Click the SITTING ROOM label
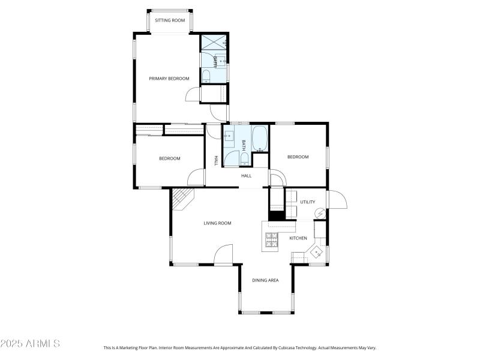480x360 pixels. point(170,20)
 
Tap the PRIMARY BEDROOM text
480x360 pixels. point(169,79)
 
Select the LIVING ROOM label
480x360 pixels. point(217,223)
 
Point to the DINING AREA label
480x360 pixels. point(265,280)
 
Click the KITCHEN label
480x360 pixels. point(298,238)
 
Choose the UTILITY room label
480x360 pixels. point(308,202)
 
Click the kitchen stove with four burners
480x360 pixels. point(272,241)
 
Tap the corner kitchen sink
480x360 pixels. point(316,251)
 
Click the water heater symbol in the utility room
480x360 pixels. point(320,214)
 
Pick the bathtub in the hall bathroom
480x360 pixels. point(260,139)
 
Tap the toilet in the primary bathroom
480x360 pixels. point(205,76)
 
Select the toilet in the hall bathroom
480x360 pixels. point(245,160)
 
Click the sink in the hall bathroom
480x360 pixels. point(229,136)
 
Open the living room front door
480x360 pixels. point(223,255)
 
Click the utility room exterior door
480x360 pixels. point(336,200)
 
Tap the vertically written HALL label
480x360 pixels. point(216,161)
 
